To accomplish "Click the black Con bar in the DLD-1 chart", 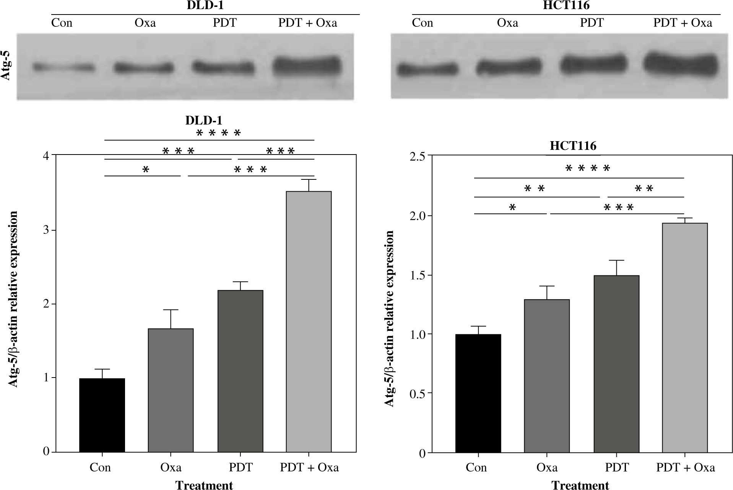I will coord(102,415).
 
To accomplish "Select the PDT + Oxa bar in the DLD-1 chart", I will coord(309,321).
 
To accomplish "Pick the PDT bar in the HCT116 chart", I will coord(616,364).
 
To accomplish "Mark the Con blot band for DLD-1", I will coord(63,68).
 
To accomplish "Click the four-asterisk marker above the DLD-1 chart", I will coord(219,133).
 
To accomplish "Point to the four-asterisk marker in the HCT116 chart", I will coord(588,168).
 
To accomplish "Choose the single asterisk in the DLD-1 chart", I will coord(145,169).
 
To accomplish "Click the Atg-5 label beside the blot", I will coord(6,67).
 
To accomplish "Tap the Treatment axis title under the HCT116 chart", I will coord(580,485).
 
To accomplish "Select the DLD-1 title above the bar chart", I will coord(203,120).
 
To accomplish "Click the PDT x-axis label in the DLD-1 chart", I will coord(241,467).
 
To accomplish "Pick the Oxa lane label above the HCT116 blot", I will coord(507,23).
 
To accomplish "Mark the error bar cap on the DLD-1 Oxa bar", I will coord(171,310).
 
